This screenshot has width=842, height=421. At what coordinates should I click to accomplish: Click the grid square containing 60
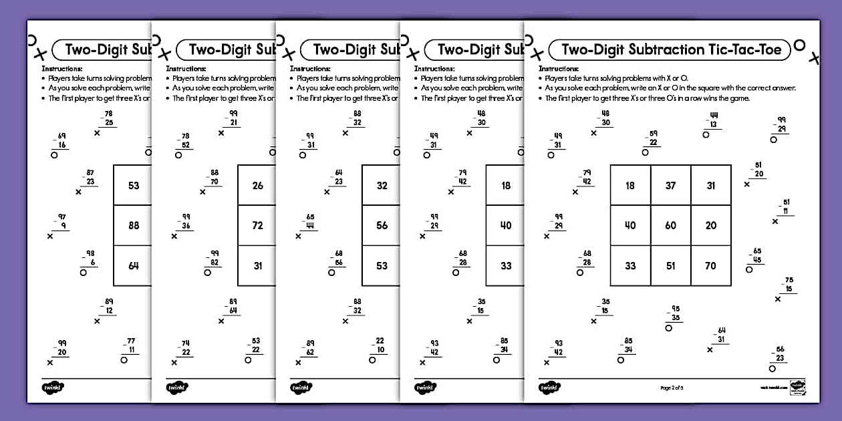[670, 225]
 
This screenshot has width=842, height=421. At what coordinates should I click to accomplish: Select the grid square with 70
[710, 265]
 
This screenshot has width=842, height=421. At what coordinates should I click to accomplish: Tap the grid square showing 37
[670, 185]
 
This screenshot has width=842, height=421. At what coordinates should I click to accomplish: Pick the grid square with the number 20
[710, 225]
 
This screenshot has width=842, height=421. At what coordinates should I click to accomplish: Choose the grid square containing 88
[134, 225]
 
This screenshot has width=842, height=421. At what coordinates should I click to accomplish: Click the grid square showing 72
[257, 225]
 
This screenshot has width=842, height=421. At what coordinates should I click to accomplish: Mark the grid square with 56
[382, 225]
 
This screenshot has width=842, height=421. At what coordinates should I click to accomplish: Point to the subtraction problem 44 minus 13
[713, 120]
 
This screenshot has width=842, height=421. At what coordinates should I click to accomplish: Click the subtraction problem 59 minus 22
[653, 138]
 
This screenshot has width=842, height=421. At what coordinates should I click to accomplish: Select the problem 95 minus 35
[675, 313]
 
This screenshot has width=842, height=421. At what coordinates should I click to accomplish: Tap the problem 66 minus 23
[779, 354]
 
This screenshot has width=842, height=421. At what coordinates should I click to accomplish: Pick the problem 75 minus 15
[788, 285]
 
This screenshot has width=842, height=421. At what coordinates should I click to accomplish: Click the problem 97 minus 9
[61, 222]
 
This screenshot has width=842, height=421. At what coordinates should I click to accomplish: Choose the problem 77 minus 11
[130, 345]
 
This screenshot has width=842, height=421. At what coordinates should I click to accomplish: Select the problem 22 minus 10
[379, 345]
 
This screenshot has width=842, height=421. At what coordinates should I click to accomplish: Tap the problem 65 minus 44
[309, 222]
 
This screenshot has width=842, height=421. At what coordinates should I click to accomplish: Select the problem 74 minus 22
[184, 348]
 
